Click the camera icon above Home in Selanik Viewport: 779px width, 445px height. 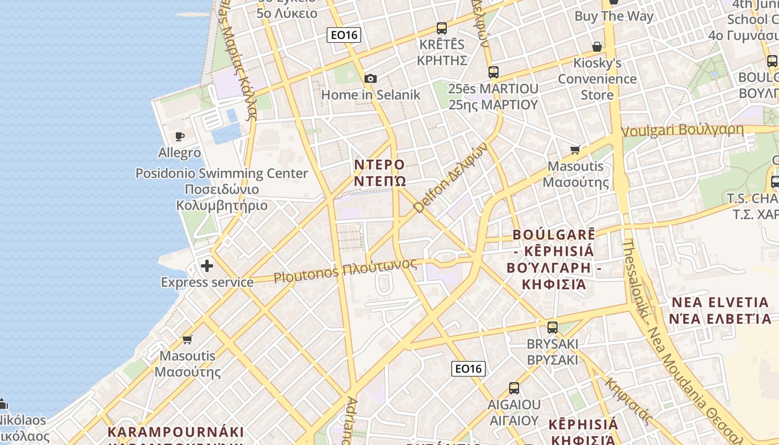(370, 79)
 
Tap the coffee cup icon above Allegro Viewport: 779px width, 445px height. (179, 136)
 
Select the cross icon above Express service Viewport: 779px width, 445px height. (207, 266)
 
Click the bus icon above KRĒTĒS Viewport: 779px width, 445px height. (442, 28)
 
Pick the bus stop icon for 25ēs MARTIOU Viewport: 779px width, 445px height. (493, 72)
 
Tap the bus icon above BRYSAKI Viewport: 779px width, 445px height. (552, 328)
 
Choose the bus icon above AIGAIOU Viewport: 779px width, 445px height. (514, 388)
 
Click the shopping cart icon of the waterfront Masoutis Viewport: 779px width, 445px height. (188, 339)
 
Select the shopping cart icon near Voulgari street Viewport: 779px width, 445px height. (575, 150)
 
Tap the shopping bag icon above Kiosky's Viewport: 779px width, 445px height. (597, 46)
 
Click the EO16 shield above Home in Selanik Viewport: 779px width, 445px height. (344, 35)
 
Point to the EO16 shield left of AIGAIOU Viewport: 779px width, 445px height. (468, 368)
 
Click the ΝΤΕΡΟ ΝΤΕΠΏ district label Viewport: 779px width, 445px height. (380, 173)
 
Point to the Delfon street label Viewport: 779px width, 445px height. (451, 177)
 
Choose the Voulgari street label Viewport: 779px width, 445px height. (682, 130)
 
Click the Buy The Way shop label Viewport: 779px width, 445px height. (614, 16)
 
